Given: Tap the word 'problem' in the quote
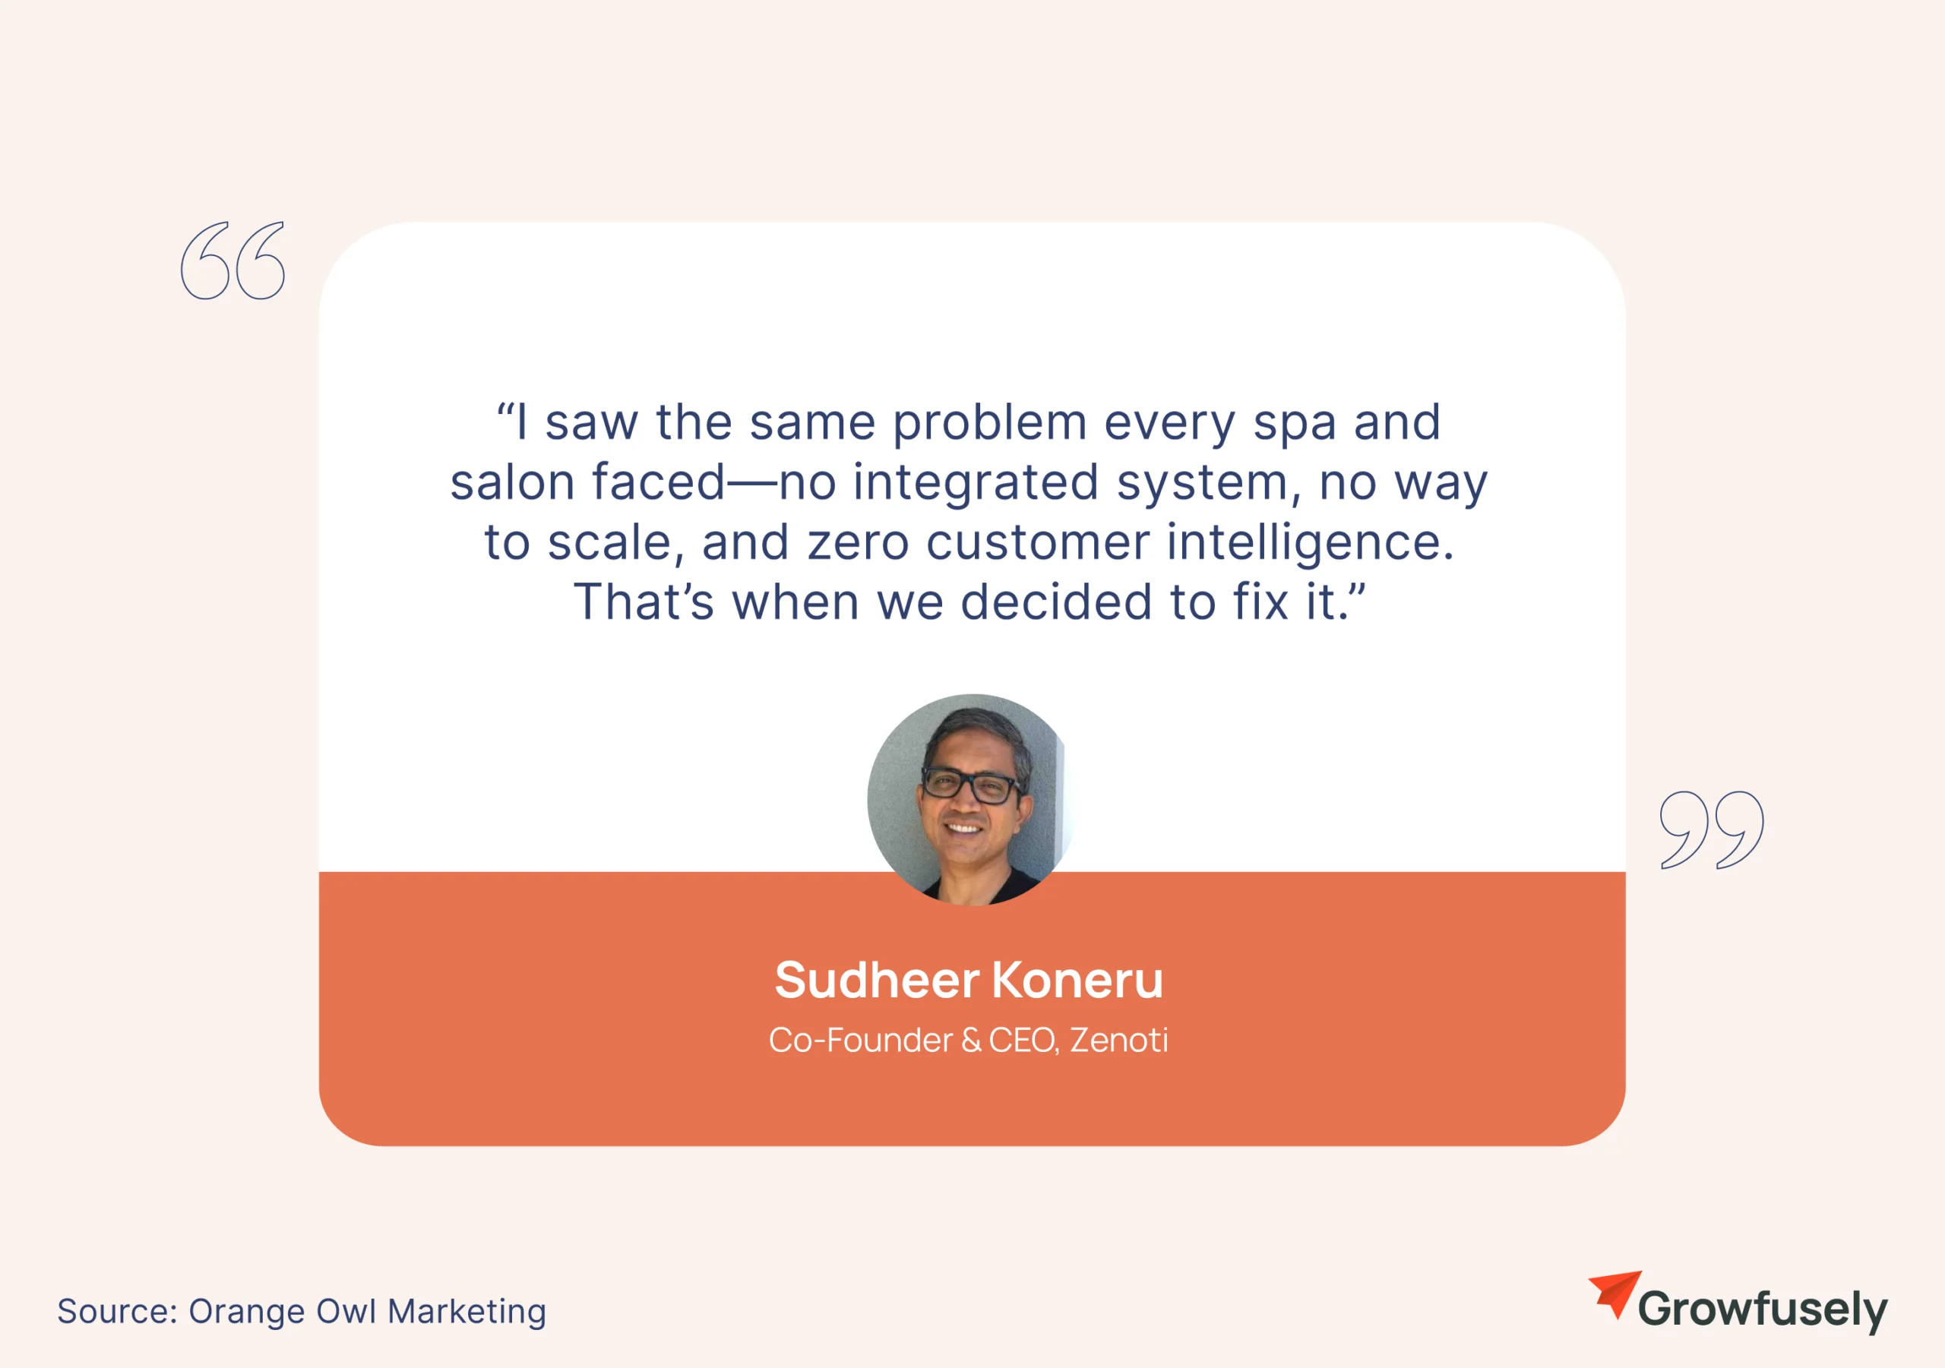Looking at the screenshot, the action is pos(989,424).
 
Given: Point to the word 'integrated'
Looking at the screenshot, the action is pos(976,484).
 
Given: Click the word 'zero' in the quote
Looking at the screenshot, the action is pos(858,543).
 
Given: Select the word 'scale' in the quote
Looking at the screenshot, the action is pos(609,542).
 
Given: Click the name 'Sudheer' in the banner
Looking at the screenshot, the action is pos(877,980).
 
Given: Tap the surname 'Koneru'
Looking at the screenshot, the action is pos(1077,980).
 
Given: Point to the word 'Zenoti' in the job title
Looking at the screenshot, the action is pos(1119,1040).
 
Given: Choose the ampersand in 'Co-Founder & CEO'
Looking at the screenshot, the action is pos(971,1040).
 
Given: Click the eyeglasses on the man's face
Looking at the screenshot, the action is pos(971,785).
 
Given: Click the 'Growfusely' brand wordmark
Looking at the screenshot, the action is pos(1763,1309).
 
